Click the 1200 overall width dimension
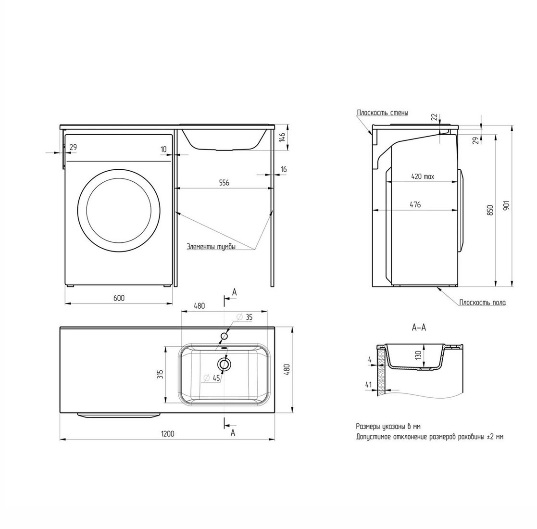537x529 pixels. point(167,434)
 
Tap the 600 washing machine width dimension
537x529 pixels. point(119,298)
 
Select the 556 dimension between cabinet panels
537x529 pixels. point(224,183)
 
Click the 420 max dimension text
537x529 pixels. point(422,176)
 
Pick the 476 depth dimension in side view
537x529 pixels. point(415,204)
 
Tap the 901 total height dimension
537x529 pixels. point(507,205)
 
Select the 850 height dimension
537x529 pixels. point(490,210)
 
